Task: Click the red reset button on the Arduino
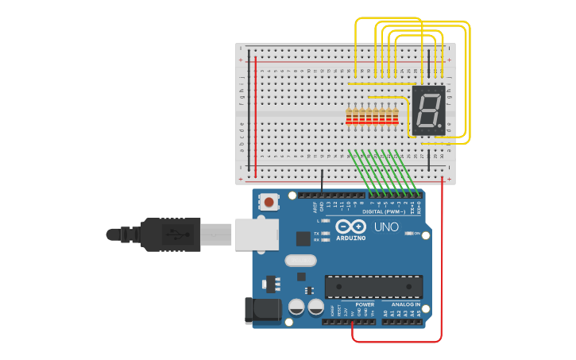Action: coord(270,202)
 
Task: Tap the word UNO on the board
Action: coord(386,227)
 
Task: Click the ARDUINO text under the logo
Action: coord(350,238)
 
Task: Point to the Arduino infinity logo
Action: coord(350,226)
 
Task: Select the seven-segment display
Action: coord(428,110)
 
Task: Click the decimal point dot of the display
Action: coord(440,126)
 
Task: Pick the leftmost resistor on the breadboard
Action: coord(349,116)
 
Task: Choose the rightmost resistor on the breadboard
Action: coord(395,116)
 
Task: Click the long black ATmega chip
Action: coord(373,287)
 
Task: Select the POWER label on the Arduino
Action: coord(365,304)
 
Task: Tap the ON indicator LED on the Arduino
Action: coord(410,234)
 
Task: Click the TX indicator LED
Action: coord(326,233)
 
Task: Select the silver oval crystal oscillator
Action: coord(300,260)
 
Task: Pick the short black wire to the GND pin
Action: coord(322,181)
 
